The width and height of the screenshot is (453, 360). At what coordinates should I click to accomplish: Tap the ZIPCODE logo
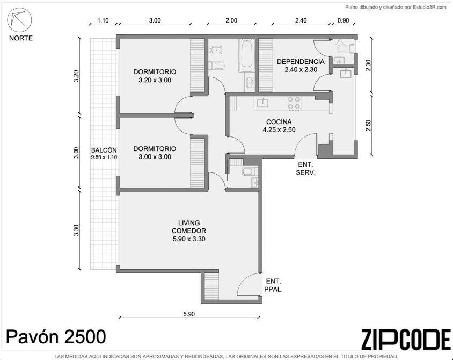click(x=406, y=340)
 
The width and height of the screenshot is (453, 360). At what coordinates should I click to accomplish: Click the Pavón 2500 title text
click(x=56, y=336)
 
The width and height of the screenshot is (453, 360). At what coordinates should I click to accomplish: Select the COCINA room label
click(x=279, y=122)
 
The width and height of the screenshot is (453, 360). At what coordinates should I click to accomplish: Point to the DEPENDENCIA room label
click(x=301, y=61)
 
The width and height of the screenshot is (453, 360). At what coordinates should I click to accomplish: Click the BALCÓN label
click(x=104, y=150)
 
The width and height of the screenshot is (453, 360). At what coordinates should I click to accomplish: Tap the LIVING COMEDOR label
click(x=189, y=227)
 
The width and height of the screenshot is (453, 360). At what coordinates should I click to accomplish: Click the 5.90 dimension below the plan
click(x=189, y=314)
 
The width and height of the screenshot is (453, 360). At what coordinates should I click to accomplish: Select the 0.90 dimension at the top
click(x=343, y=20)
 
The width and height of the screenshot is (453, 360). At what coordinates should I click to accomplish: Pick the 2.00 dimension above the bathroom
click(x=231, y=20)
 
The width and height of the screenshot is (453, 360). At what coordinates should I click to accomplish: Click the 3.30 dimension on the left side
click(x=76, y=230)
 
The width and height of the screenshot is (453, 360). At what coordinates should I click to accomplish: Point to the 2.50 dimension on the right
click(x=368, y=125)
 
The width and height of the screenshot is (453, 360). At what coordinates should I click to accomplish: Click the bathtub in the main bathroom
click(x=246, y=55)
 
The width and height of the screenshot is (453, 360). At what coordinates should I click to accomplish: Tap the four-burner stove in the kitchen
click(x=294, y=103)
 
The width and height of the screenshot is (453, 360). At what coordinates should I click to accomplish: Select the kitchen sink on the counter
click(x=262, y=103)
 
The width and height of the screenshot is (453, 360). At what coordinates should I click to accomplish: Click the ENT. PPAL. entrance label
click(x=273, y=285)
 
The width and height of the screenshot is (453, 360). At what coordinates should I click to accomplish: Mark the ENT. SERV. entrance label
click(x=305, y=169)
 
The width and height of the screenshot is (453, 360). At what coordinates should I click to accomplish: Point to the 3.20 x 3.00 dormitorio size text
click(x=155, y=80)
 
